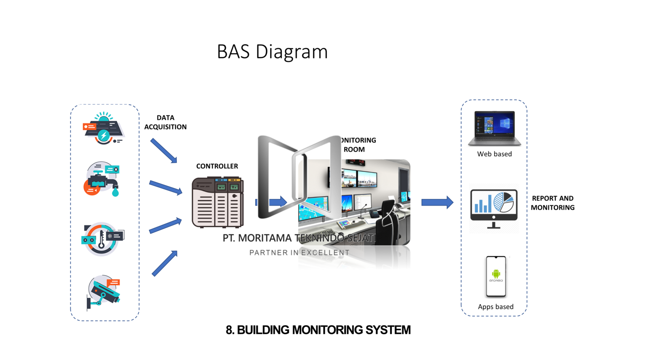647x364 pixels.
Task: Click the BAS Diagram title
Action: pos(272,52)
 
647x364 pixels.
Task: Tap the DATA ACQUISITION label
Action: pos(165,122)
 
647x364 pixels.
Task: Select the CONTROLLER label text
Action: pos(217,166)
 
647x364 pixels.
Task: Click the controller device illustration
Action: pos(217,202)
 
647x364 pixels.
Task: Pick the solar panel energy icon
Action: pos(103,128)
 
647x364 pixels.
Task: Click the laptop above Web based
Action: pos(495,128)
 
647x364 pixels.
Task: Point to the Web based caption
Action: pos(495,154)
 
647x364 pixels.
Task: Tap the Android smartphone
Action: pos(496,276)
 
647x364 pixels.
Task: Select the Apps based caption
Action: pos(495,307)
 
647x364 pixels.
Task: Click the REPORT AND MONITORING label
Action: pos(552,203)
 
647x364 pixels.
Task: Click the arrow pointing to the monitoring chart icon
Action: pos(437,203)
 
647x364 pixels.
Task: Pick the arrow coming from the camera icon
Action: pos(165,263)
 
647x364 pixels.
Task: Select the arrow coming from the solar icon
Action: pos(164,150)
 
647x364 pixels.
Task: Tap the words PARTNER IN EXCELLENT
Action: pos(299,253)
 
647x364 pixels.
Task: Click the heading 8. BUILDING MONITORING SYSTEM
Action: pos(318,330)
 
